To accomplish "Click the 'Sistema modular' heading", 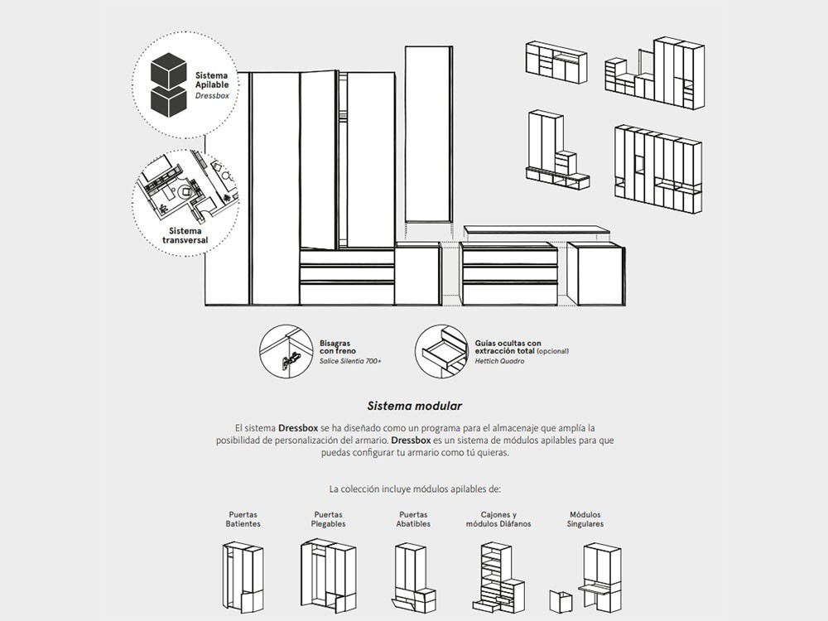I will (x=414, y=407).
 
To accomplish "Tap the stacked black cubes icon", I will (x=168, y=84).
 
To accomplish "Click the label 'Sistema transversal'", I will (x=185, y=236).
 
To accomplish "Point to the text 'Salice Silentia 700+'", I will (x=350, y=361).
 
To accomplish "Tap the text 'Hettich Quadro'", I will (x=499, y=361).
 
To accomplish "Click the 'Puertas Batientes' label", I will (x=243, y=519).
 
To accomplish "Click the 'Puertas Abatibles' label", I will (x=413, y=519).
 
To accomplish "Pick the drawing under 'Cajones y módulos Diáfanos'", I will (x=498, y=576).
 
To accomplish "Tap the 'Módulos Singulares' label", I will (x=585, y=519).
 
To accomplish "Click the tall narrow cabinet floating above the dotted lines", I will (x=428, y=134).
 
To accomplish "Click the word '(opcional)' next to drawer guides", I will (x=552, y=351).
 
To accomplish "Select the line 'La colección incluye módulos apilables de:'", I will (x=414, y=489).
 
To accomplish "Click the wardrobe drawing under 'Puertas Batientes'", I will (x=243, y=576).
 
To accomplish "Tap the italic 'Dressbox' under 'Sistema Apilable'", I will (x=212, y=96).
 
